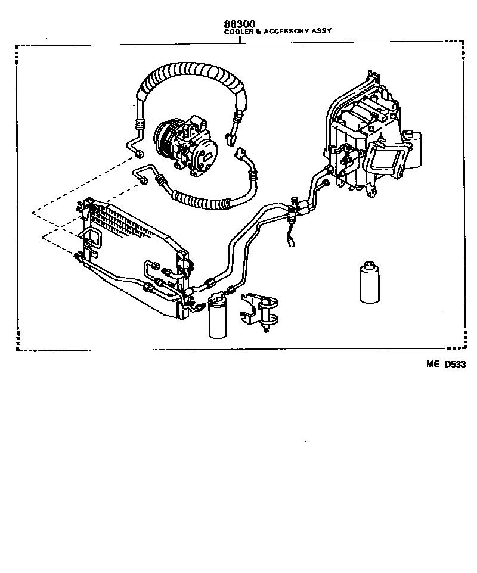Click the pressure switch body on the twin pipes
[293, 207]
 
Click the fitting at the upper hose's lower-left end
[139, 154]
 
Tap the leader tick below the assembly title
[240, 39]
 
